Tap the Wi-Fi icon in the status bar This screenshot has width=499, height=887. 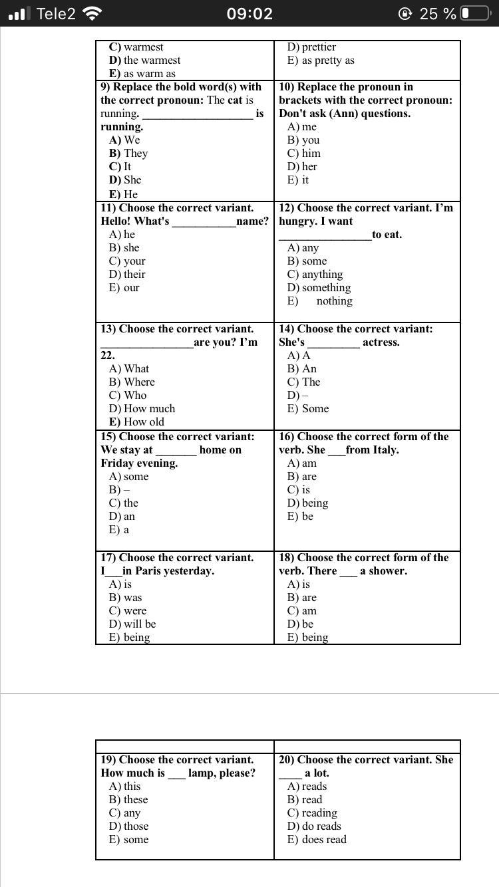coord(92,13)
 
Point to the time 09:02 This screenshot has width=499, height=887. coord(249,13)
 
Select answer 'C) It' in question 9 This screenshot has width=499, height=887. coord(120,166)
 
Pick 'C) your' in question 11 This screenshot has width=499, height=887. coord(127,261)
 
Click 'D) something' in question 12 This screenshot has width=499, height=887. coord(319,287)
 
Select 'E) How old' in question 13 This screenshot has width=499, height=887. coord(136,422)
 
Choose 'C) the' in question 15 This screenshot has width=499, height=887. coord(124,503)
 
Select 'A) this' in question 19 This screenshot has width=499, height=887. coord(125,786)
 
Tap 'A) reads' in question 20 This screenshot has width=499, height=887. coord(307,786)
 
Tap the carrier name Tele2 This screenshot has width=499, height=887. coord(56,13)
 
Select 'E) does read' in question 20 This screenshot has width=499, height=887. coord(317,839)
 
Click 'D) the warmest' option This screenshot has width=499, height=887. coord(144,60)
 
